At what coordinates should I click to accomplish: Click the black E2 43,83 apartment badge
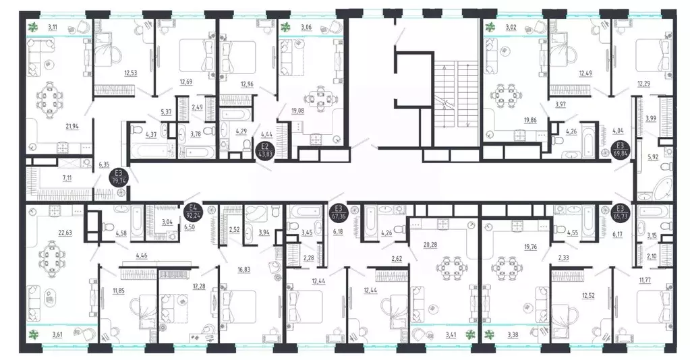265,149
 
